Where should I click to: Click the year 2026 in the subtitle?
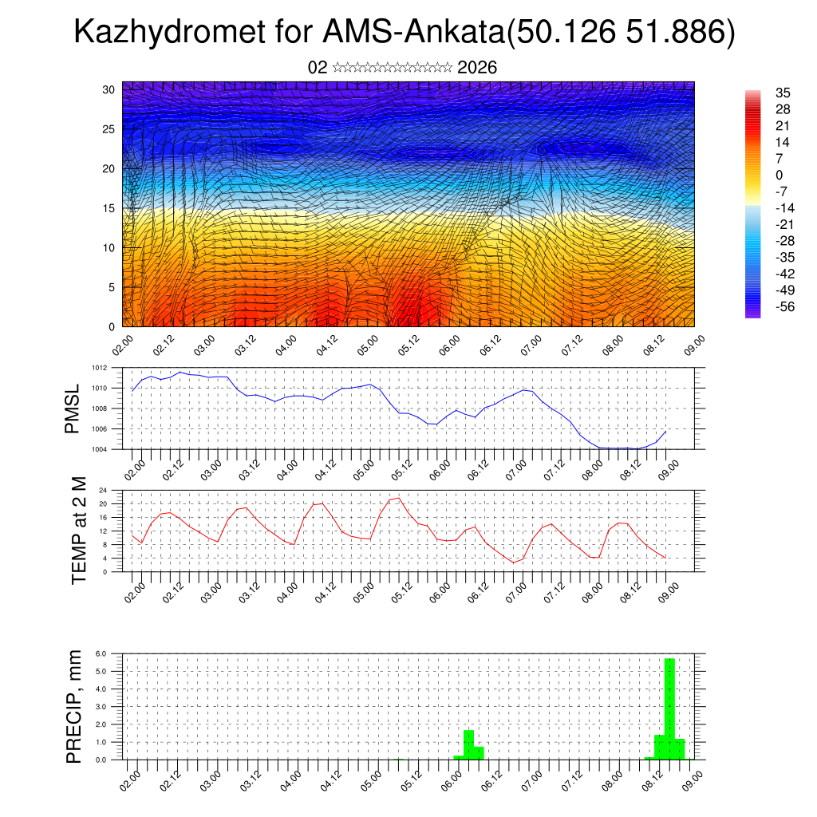[477, 68]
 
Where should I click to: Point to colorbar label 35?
[783, 93]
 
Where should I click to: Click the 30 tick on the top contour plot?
[110, 89]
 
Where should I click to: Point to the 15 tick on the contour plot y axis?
[110, 208]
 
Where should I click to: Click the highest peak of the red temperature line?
[397, 498]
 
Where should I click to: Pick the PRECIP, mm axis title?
[74, 705]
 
